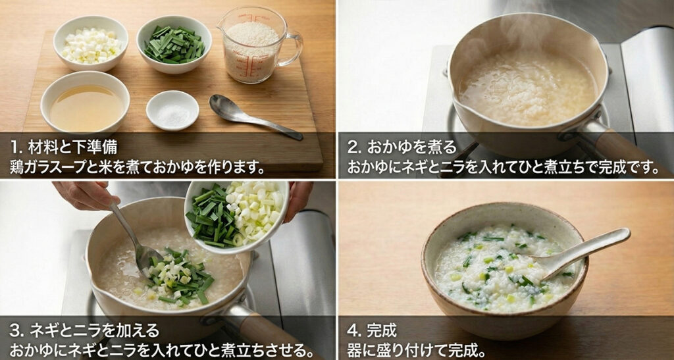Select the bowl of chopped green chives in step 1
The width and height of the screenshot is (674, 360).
tap(174, 44)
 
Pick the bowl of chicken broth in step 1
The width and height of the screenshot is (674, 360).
tap(85, 103)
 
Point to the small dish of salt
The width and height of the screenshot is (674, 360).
tap(172, 110)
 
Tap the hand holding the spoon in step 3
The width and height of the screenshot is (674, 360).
tap(85, 195)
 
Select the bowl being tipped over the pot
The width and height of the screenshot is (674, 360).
tap(237, 214)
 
